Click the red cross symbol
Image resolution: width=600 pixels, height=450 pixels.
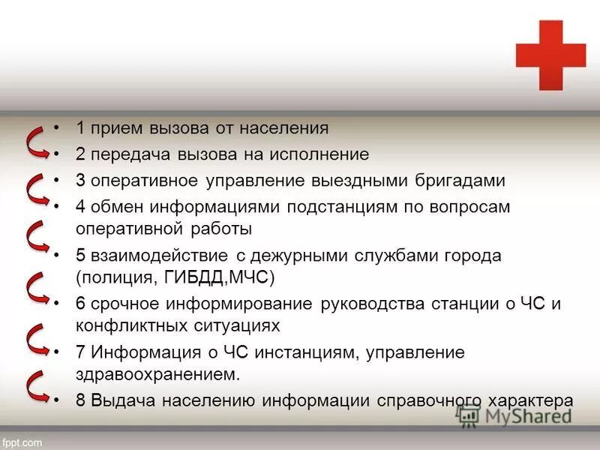tap(550, 55)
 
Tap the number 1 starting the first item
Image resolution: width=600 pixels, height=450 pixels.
tap(80, 128)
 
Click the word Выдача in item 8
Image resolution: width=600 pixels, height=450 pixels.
tap(118, 400)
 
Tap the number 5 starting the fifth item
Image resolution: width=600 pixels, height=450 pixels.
tap(80, 256)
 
